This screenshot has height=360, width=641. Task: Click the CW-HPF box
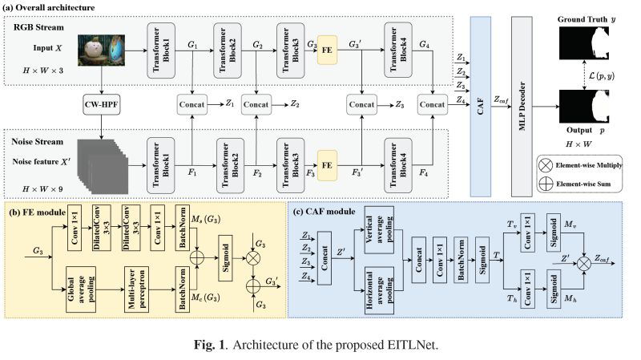pos(102,103)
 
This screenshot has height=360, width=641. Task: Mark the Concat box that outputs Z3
pos(362,103)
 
